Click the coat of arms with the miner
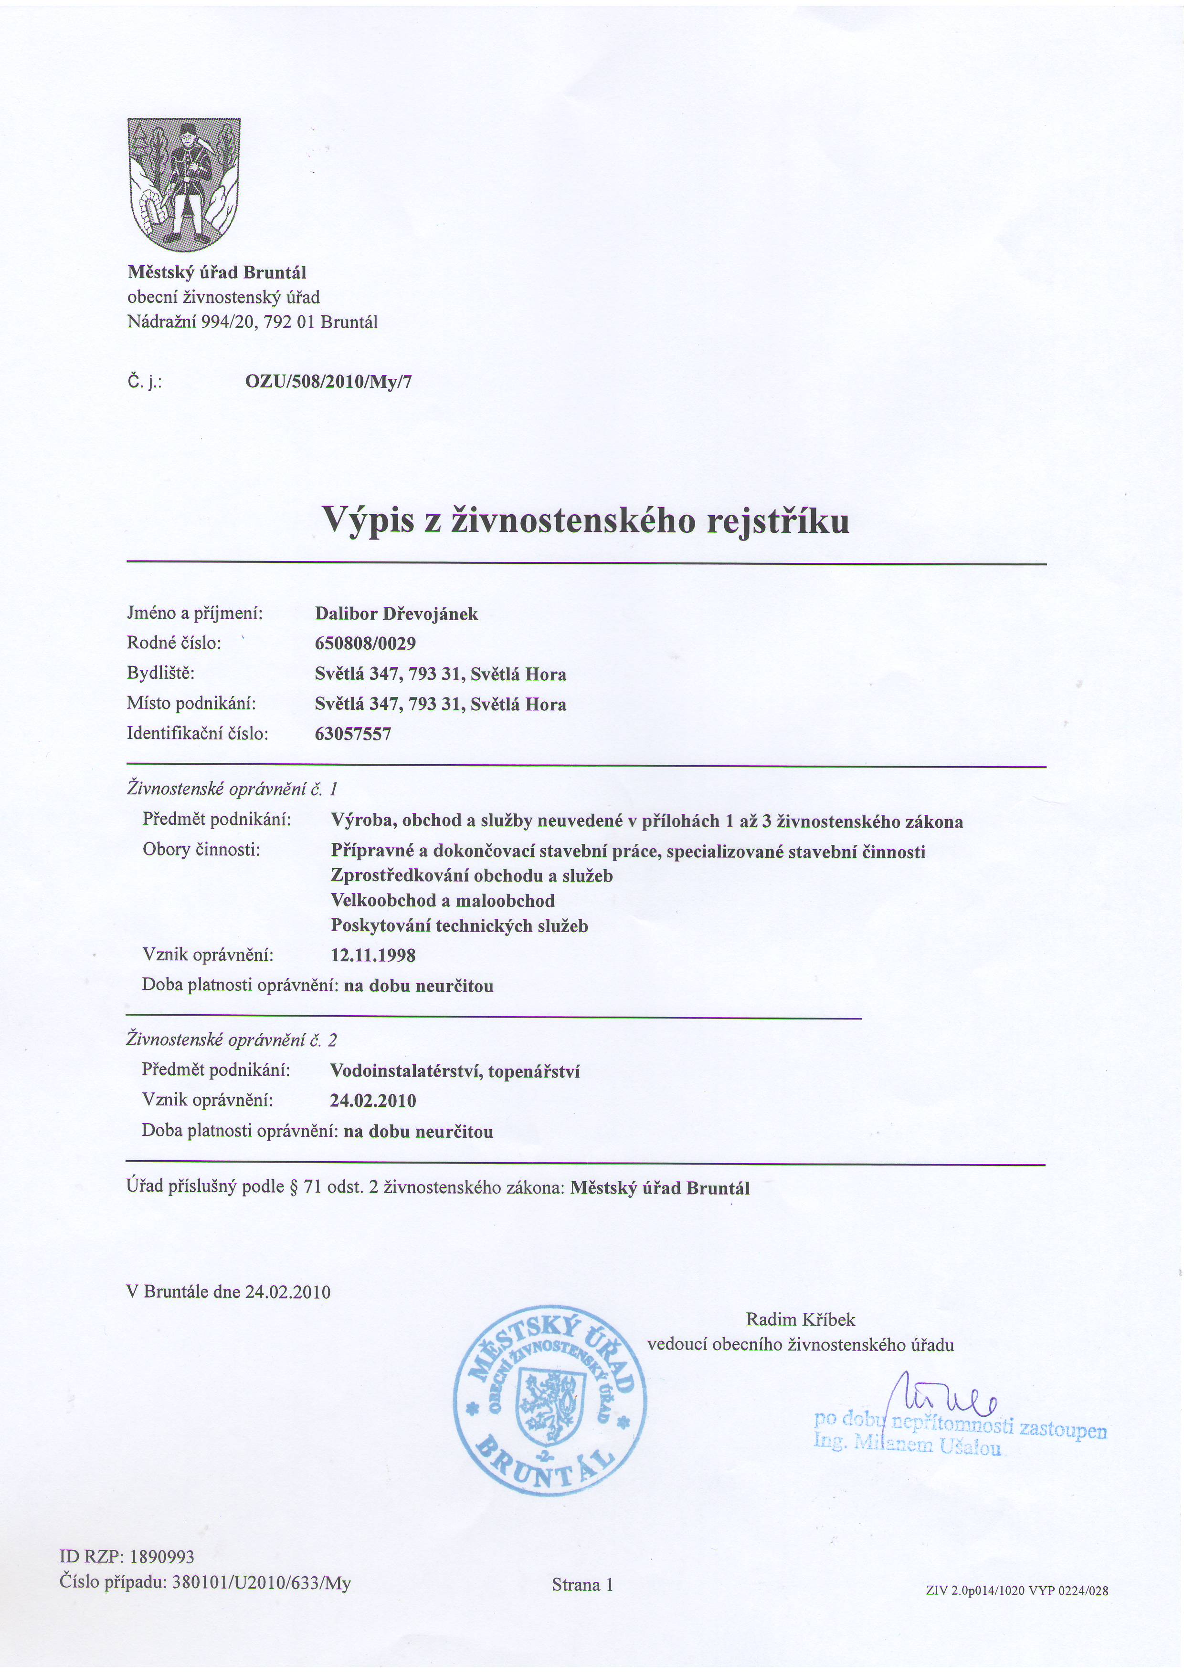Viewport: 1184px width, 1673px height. (x=184, y=184)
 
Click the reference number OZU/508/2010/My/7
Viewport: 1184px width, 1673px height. (x=329, y=382)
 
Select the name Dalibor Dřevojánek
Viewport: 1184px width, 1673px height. (x=397, y=614)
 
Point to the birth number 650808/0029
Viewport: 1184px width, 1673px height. (x=365, y=644)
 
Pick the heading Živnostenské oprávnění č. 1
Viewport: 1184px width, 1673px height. (x=232, y=789)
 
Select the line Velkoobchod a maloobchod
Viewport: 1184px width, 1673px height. (x=443, y=901)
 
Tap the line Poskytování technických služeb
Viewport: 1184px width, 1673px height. (x=459, y=927)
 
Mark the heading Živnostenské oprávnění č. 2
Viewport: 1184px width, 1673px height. (x=232, y=1040)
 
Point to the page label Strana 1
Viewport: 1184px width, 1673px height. (x=582, y=1585)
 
